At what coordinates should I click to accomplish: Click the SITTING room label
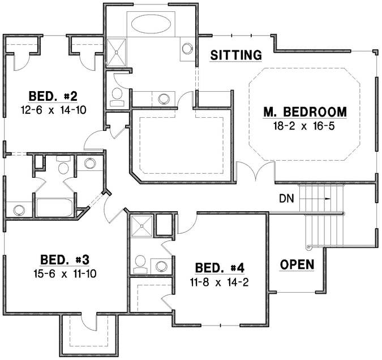(x=235, y=55)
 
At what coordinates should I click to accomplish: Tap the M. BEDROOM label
(x=304, y=111)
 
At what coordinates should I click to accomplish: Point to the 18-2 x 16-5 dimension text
(x=304, y=125)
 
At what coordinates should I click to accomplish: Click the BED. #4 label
(x=219, y=268)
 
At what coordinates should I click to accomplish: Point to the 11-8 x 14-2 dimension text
(x=219, y=281)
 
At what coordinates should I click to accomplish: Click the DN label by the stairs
(x=286, y=198)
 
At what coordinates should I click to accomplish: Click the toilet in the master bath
(x=118, y=96)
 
